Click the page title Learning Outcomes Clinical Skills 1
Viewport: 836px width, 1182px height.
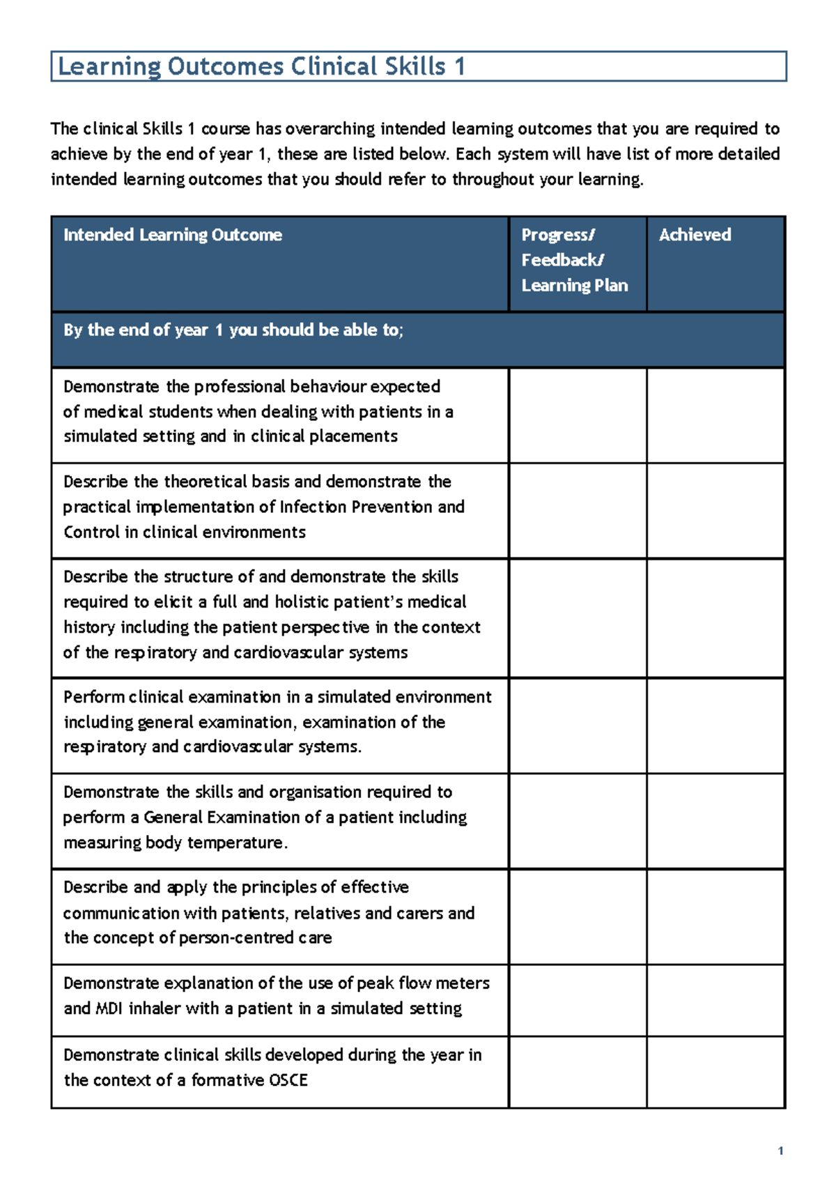261,67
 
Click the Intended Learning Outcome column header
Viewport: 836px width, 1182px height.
173,235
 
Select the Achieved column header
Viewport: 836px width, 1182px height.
695,235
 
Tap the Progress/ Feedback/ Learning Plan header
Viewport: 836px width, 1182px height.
574,260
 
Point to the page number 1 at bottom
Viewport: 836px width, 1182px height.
780,1151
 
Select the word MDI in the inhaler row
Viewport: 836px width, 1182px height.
108,1008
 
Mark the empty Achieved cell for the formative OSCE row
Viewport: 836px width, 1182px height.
715,1072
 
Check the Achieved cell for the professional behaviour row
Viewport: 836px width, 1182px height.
715,415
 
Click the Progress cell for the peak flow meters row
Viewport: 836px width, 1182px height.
578,1000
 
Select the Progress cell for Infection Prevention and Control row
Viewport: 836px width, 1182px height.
578,511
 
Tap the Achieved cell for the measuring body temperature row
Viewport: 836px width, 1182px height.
715,821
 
